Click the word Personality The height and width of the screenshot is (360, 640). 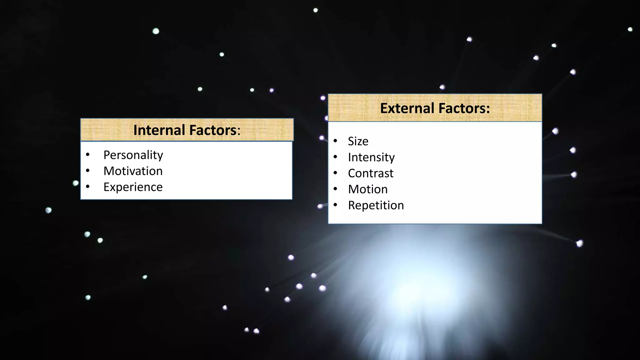point(133,155)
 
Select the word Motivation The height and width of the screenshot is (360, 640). point(133,171)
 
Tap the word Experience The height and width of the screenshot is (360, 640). point(133,187)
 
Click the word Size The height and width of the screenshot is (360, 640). point(358,142)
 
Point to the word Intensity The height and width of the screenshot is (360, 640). point(371,157)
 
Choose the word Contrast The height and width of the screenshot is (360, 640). point(371,173)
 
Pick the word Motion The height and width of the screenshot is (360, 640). point(368,189)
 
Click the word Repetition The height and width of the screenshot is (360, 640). point(376,205)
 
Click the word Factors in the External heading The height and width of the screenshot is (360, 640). point(462,108)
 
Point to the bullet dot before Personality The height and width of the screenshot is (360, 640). point(88,154)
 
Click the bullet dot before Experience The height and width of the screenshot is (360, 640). point(88,187)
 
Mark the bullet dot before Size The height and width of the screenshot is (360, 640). point(335,141)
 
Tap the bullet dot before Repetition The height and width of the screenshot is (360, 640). point(335,205)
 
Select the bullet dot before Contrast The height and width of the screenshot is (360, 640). point(335,173)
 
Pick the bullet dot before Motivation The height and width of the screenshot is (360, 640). point(88,171)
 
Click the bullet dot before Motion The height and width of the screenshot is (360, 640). point(335,189)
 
